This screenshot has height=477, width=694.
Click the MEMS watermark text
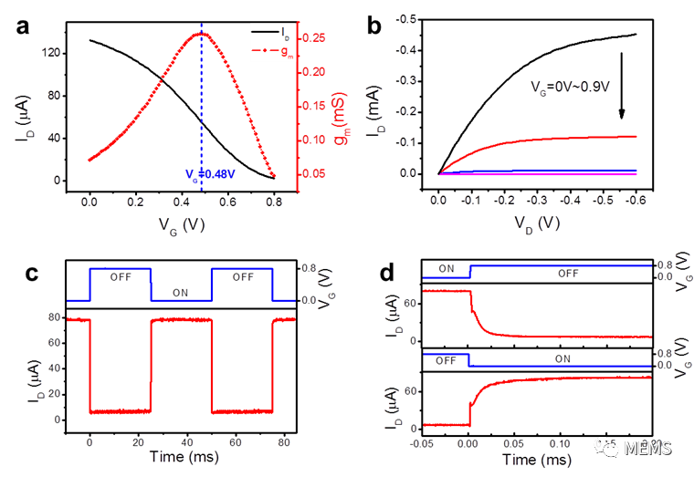pyautogui.click(x=647, y=448)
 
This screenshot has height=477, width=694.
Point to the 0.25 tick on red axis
pyautogui.click(x=316, y=37)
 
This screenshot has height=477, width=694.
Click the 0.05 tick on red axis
pyautogui.click(x=316, y=173)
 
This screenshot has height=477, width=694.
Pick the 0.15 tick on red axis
pyautogui.click(x=316, y=106)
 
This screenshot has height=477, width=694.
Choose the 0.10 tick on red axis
pyautogui.click(x=316, y=140)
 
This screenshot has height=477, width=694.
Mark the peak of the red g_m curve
pyautogui.click(x=201, y=34)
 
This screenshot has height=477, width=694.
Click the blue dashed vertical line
pyautogui.click(x=201, y=109)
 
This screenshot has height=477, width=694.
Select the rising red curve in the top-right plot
pyautogui.click(x=548, y=138)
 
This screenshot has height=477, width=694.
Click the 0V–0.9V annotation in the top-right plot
pyautogui.click(x=571, y=88)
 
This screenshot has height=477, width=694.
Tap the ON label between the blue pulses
pyautogui.click(x=180, y=292)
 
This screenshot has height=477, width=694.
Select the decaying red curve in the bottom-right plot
pyautogui.click(x=511, y=333)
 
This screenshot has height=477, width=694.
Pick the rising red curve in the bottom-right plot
pyautogui.click(x=511, y=381)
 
